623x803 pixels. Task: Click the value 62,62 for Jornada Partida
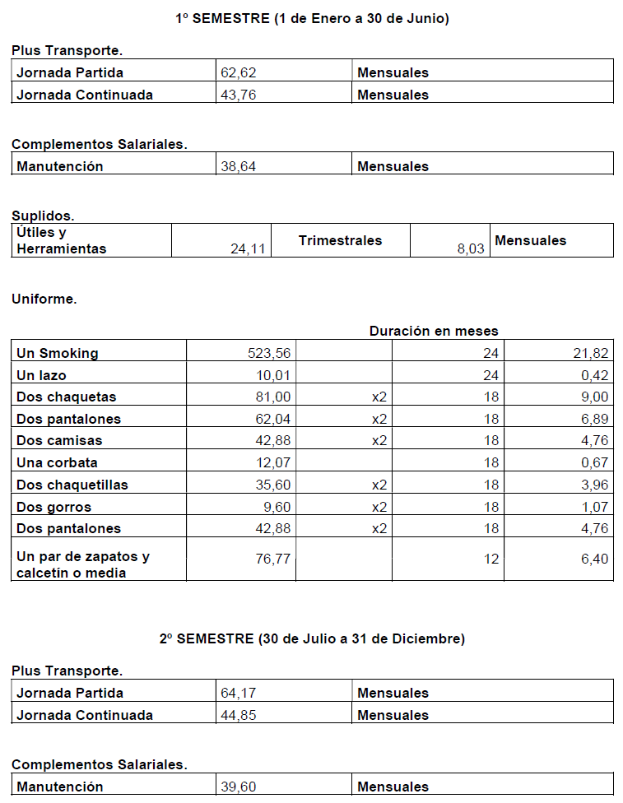click(239, 72)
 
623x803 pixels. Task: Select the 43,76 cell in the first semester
click(239, 95)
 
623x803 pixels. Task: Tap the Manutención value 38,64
click(239, 166)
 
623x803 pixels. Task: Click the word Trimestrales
click(340, 240)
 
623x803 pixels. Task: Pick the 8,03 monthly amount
click(471, 248)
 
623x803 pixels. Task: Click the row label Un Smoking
click(57, 353)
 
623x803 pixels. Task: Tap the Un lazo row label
click(41, 375)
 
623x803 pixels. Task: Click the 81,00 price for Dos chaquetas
click(274, 397)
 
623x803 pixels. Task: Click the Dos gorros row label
click(53, 507)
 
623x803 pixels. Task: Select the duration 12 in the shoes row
click(491, 559)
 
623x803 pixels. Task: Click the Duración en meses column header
click(434, 331)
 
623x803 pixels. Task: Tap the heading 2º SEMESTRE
click(312, 638)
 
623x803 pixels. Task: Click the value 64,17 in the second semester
click(239, 693)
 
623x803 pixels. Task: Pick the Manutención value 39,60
click(239, 787)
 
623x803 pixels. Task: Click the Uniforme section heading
click(44, 299)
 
